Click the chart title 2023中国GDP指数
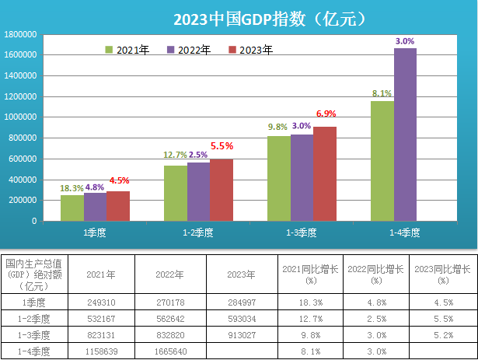pos(269,17)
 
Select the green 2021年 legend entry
pos(127,50)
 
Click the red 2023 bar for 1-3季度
pos(325,173)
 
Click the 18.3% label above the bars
pos(72,188)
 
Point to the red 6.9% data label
pos(326,114)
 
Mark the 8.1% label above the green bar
pos(382,94)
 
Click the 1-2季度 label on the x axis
pos(198,232)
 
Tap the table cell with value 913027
pos(240,335)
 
